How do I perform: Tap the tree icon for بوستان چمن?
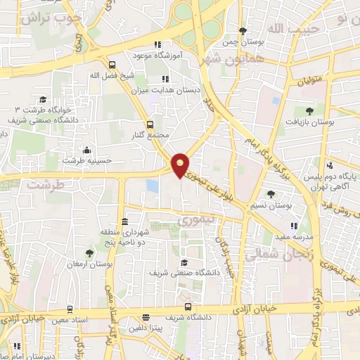pyautogui.click(x=243, y=30)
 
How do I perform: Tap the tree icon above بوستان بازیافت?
pyautogui.click(x=309, y=110)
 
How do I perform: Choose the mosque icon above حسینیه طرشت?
pyautogui.click(x=86, y=150)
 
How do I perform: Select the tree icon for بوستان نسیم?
pyautogui.click(x=271, y=194)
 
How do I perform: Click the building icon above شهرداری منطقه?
pyautogui.click(x=124, y=221)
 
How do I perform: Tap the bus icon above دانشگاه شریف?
pyautogui.click(x=188, y=307)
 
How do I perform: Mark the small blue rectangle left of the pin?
pyautogui.click(x=152, y=186)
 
